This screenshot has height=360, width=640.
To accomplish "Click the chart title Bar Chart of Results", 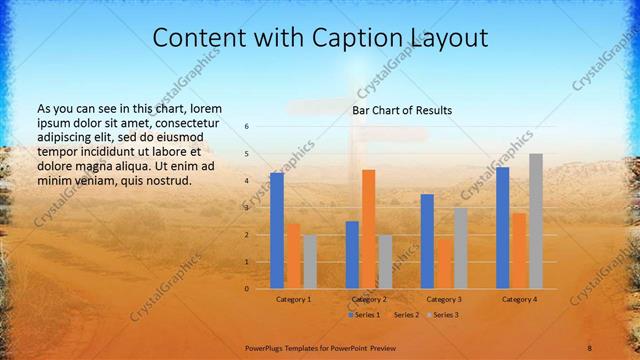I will (402, 110).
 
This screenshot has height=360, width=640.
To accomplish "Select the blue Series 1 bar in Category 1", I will (277, 230).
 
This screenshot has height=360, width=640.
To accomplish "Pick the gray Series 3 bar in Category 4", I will (536, 220).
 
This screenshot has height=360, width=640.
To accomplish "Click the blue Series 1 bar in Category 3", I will (427, 240).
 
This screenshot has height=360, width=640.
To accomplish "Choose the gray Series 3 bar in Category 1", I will (310, 261).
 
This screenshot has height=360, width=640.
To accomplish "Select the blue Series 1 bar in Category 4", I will (502, 227).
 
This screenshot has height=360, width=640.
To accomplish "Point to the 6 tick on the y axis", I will (246, 127).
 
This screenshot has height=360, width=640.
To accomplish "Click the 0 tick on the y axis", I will (246, 288).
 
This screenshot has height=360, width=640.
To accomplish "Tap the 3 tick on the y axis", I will (246, 208).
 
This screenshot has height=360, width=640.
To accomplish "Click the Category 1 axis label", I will (293, 299).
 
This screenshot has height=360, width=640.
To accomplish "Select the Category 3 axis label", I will (443, 299).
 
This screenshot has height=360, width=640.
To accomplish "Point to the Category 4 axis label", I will (519, 299).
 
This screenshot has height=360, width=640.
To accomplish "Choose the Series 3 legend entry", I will (443, 315).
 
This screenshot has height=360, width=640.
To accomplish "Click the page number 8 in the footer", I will (589, 347).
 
